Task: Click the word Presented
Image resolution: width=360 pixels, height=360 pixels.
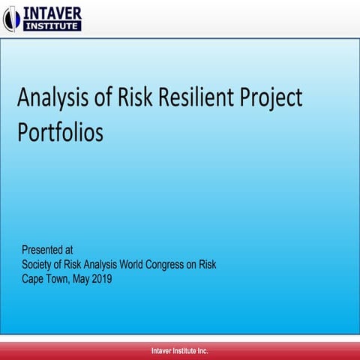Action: point(44,250)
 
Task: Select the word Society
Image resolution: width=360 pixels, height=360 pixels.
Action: point(40,265)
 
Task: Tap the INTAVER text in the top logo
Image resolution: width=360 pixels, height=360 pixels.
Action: point(53,13)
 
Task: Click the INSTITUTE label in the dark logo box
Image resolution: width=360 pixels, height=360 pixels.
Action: point(52,26)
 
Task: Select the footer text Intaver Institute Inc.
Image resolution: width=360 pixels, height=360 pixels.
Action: point(180,351)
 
